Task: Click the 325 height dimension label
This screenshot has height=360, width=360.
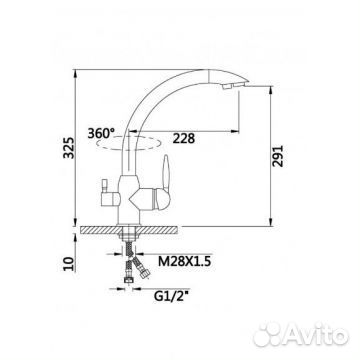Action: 69,147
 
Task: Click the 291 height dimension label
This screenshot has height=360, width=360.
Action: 277,156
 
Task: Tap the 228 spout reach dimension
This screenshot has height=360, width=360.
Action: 183,138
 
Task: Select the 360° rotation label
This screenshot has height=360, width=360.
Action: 100,133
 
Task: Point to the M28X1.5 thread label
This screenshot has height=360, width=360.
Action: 184,262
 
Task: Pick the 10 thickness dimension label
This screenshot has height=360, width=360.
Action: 69,264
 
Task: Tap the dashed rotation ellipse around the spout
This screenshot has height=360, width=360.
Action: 123,149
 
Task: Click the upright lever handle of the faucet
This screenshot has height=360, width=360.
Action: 166,173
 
